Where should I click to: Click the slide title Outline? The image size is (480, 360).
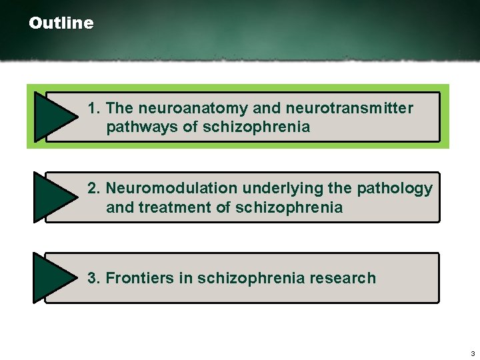pos(61,23)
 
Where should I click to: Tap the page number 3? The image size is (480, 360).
pos(472,353)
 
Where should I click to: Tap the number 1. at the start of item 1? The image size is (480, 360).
pos(94,108)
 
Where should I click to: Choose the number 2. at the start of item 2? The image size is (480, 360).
pos(94,189)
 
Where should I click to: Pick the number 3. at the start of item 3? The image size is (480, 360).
pos(94,278)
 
